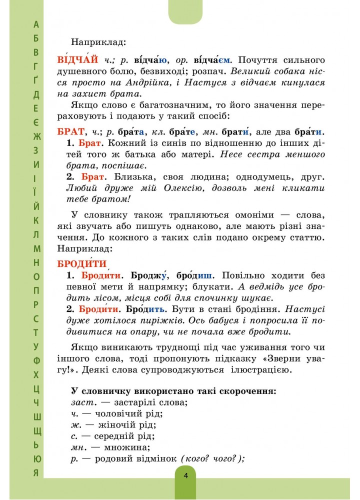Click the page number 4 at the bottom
pos(185,475)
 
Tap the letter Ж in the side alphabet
pos(35,136)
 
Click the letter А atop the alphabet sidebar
pos(35,24)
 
